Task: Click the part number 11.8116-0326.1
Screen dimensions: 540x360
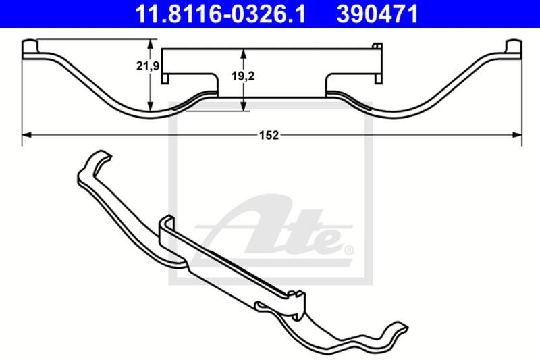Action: [x=220, y=14]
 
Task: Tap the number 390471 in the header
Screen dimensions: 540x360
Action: [x=377, y=14]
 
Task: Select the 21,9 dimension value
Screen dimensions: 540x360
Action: [x=147, y=66]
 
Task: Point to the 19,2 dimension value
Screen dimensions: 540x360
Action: [x=243, y=76]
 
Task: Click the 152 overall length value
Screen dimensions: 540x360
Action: [x=269, y=135]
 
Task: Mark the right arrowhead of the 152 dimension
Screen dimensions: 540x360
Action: [x=517, y=135]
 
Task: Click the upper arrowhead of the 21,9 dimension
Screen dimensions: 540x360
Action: [x=150, y=44]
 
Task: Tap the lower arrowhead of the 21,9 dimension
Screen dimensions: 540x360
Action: [x=150, y=106]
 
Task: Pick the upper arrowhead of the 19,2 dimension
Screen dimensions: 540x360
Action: [x=244, y=54]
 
